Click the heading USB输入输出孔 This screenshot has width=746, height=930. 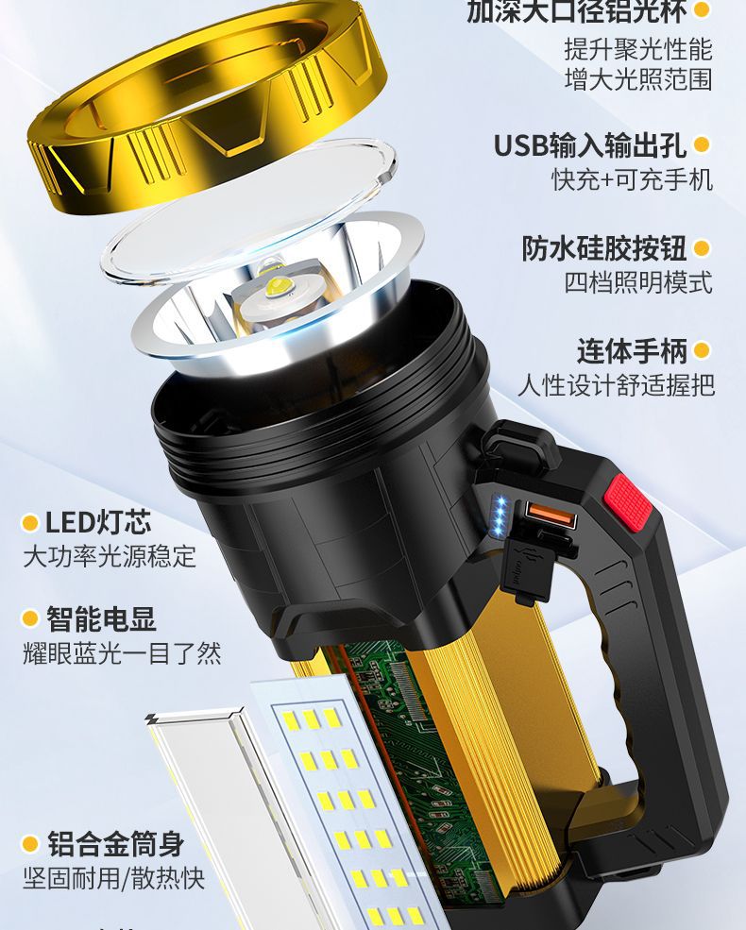click(x=591, y=145)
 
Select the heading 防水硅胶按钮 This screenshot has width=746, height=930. click(x=604, y=248)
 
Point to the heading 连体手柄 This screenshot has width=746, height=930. click(x=632, y=351)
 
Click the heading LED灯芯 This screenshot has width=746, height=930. click(x=98, y=522)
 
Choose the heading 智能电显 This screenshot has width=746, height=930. click(x=101, y=619)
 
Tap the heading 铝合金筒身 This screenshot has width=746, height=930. click(x=115, y=843)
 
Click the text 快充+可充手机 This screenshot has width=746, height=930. click(x=632, y=179)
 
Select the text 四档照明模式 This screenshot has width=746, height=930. click(x=638, y=282)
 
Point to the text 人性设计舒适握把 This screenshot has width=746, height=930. click(x=616, y=385)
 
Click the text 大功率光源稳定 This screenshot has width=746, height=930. click(x=110, y=556)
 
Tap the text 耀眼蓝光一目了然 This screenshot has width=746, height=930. click(x=122, y=653)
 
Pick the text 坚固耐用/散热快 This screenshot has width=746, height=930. click(x=113, y=877)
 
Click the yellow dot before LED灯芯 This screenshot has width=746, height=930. click(x=30, y=522)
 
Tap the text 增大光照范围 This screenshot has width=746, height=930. click(x=638, y=78)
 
